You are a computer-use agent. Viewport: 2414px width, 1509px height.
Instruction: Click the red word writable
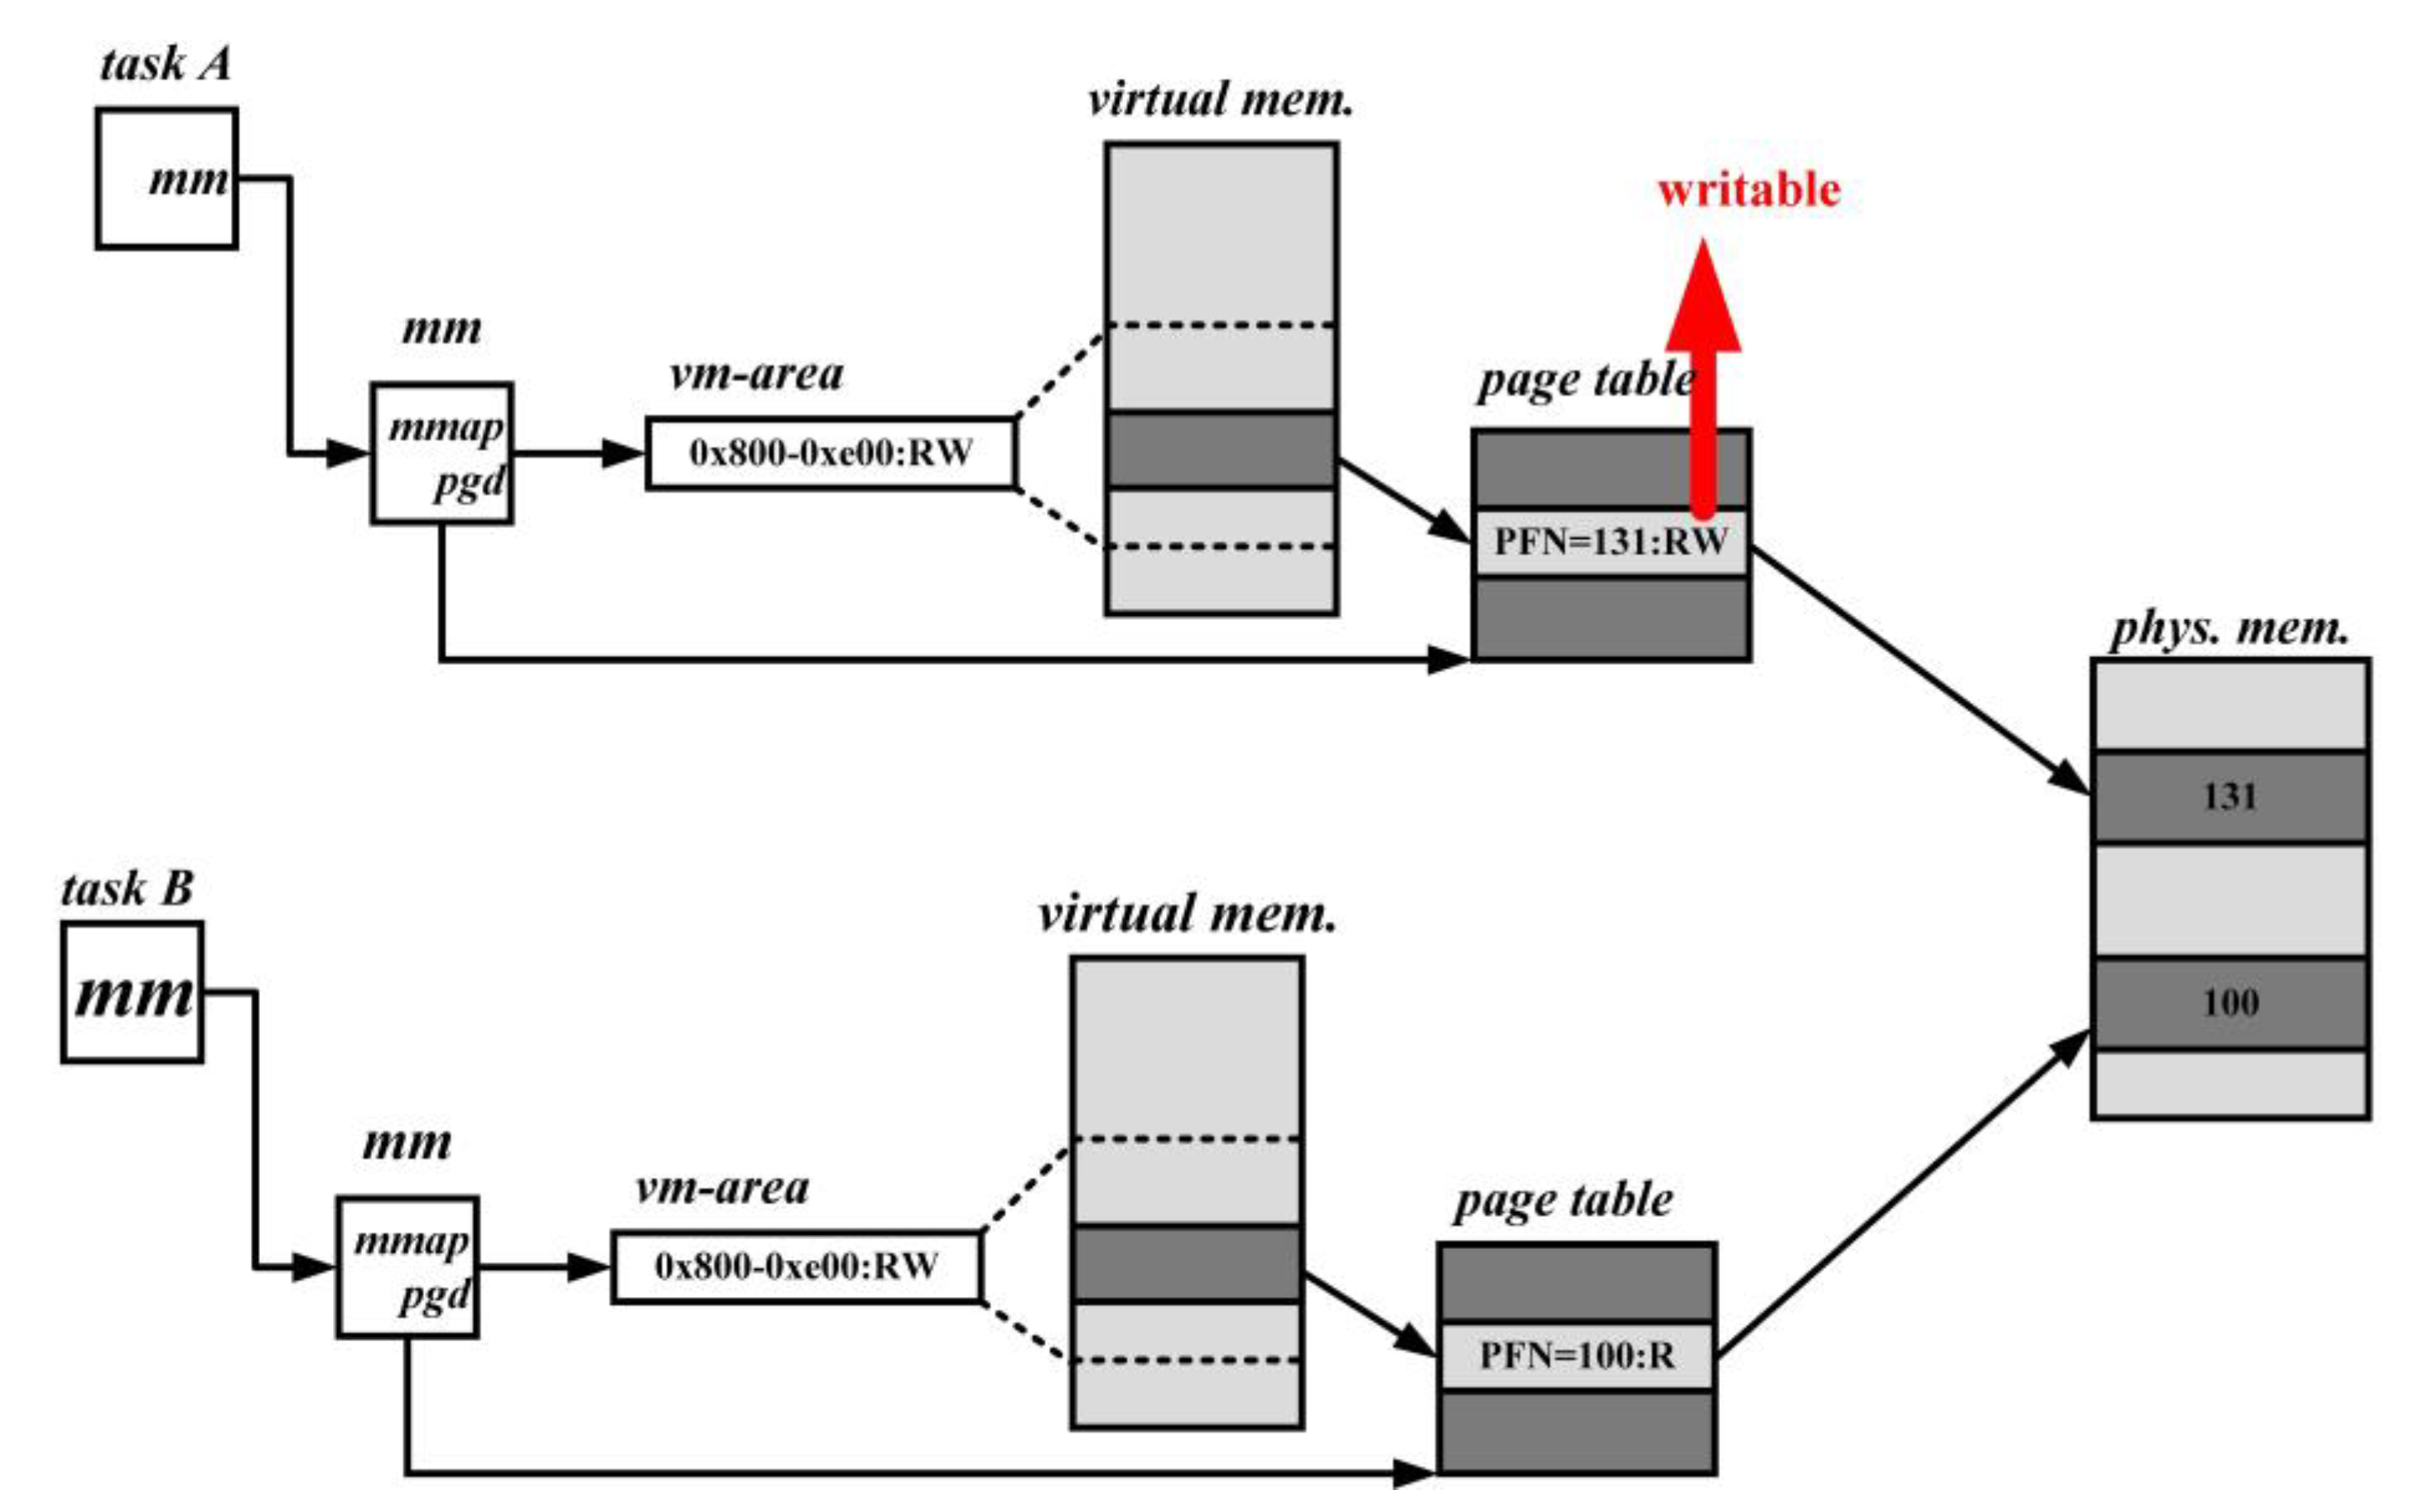[1748, 190]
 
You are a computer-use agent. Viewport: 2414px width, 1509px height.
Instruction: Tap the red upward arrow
[1703, 379]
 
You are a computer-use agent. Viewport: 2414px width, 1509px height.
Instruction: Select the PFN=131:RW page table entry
[1611, 542]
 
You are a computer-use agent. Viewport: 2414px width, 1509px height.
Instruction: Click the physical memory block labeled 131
[2230, 797]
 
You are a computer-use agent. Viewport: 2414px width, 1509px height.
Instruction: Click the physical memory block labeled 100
[2230, 1003]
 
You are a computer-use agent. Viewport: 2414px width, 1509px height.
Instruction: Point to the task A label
[166, 65]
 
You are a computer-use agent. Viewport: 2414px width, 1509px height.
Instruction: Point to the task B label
[127, 888]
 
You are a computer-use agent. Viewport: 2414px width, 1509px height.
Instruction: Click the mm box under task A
[166, 179]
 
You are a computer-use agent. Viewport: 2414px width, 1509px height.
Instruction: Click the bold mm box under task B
[133, 993]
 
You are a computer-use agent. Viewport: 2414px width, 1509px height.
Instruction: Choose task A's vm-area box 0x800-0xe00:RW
[831, 453]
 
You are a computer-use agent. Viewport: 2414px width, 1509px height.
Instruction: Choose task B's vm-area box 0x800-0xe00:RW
[797, 1266]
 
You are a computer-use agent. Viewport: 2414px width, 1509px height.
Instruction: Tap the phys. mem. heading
[2229, 629]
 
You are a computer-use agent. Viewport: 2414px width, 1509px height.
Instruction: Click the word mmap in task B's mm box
[412, 1242]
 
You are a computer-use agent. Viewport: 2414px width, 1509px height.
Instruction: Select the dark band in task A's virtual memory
[1221, 450]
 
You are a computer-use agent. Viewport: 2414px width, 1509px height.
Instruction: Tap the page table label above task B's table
[1564, 1199]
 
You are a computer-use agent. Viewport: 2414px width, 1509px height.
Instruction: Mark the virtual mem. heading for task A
[1220, 100]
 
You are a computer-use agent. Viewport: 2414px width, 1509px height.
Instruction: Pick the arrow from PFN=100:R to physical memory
[1902, 1194]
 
